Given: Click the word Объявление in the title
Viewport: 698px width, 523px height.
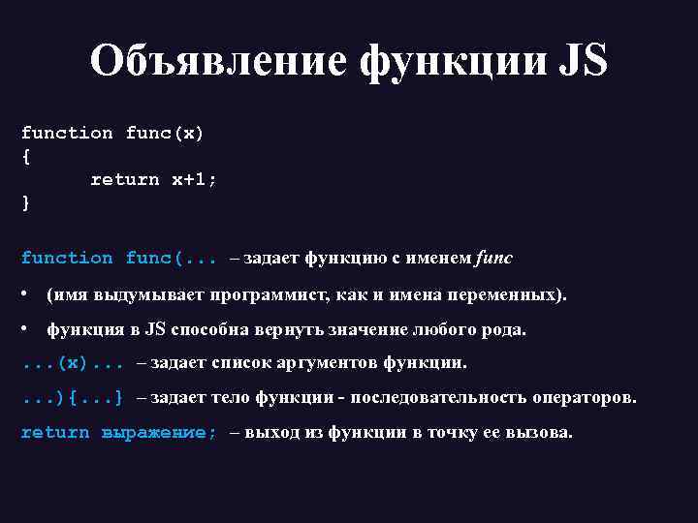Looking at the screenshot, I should [218, 61].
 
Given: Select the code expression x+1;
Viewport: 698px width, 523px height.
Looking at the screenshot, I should [194, 179].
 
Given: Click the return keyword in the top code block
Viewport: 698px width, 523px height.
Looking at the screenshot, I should [124, 179].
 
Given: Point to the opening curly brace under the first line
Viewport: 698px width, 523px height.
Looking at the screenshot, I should [25, 156].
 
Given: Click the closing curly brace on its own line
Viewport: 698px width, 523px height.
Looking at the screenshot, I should [25, 202].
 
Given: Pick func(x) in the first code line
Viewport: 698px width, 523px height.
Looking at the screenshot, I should [164, 133].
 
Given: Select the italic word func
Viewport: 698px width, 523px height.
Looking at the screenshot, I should [494, 258].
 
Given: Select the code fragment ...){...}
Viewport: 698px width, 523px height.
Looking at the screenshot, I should [73, 397].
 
